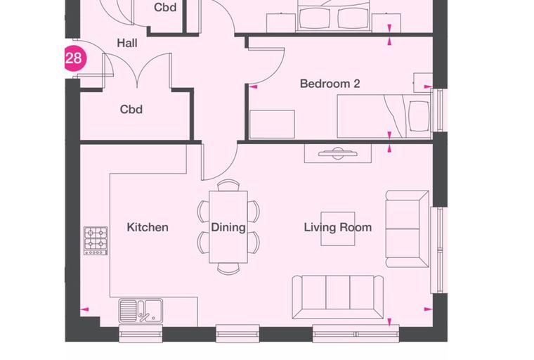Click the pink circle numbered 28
pos(75,58)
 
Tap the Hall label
pos(127,43)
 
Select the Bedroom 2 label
pos(330,84)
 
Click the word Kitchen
pos(148,227)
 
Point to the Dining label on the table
pos(228,227)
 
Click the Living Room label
pos(337,227)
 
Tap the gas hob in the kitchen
pos(96,240)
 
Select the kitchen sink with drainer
pos(141,310)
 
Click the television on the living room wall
pos(337,153)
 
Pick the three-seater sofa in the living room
pos(337,297)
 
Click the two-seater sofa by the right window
pos(407,229)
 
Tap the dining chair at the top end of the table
pos(228,185)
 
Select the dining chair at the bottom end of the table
pos(228,269)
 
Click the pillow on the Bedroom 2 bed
pos(419,116)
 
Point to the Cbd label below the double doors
pos(131,110)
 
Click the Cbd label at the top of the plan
pos(165,7)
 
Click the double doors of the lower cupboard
pos(137,70)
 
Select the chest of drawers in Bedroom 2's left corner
pos(272,124)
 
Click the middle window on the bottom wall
pos(237,333)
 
